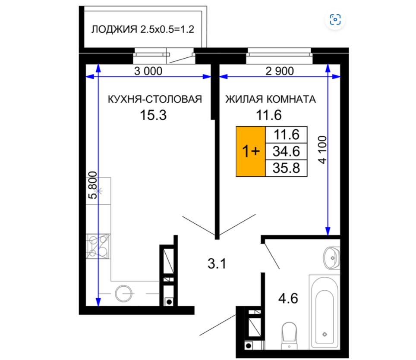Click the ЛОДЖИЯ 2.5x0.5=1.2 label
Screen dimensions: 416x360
pyautogui.click(x=143, y=29)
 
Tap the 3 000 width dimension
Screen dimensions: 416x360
pyautogui.click(x=148, y=71)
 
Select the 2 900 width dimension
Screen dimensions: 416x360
pyautogui.click(x=280, y=71)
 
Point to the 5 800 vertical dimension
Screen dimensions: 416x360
pyautogui.click(x=93, y=185)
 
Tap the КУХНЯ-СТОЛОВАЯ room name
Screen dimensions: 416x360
pyautogui.click(x=155, y=99)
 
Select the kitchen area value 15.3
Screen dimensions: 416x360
pyautogui.click(x=153, y=115)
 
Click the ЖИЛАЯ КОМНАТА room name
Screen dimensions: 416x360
pyautogui.click(x=271, y=99)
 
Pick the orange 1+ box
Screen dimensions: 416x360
pyautogui.click(x=251, y=151)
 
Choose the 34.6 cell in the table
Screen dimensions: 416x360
pyautogui.click(x=286, y=151)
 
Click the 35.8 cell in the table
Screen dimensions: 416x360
pyautogui.click(x=286, y=168)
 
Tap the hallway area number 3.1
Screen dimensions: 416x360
pyautogui.click(x=217, y=264)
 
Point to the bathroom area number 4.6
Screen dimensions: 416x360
pyautogui.click(x=288, y=298)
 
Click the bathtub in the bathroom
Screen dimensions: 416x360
pyautogui.click(x=325, y=312)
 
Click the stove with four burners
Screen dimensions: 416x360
pyautogui.click(x=98, y=246)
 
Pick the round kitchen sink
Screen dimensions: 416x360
pyautogui.click(x=123, y=294)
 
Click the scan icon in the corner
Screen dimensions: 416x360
pyautogui.click(x=335, y=20)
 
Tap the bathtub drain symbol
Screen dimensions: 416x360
pyautogui.click(x=325, y=334)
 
